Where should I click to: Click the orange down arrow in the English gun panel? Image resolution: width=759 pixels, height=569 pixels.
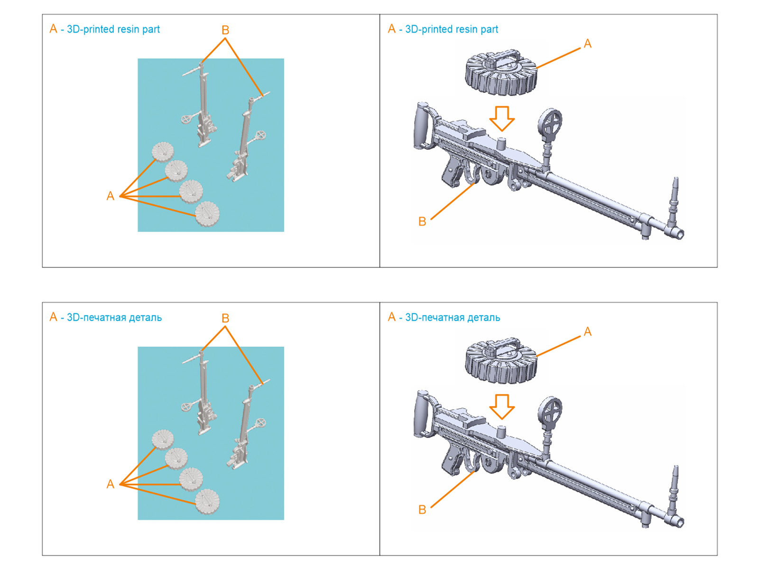[x=502, y=118]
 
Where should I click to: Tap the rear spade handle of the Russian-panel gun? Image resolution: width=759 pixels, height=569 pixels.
[x=421, y=414]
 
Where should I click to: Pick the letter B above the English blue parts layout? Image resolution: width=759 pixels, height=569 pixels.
[x=225, y=30]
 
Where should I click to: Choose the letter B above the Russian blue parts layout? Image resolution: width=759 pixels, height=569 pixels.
[x=225, y=319]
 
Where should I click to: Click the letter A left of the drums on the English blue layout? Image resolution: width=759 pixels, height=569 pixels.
[x=111, y=196]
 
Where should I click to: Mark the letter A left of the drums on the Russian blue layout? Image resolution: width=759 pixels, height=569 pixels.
[x=111, y=484]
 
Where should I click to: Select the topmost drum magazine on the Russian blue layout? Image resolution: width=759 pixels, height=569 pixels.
[x=163, y=439]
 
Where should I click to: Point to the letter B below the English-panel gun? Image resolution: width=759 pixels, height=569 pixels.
[x=422, y=221]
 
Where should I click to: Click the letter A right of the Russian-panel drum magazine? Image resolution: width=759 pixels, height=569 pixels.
[x=588, y=332]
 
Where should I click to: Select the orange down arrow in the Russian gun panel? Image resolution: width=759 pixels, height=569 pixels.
[x=502, y=406]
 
